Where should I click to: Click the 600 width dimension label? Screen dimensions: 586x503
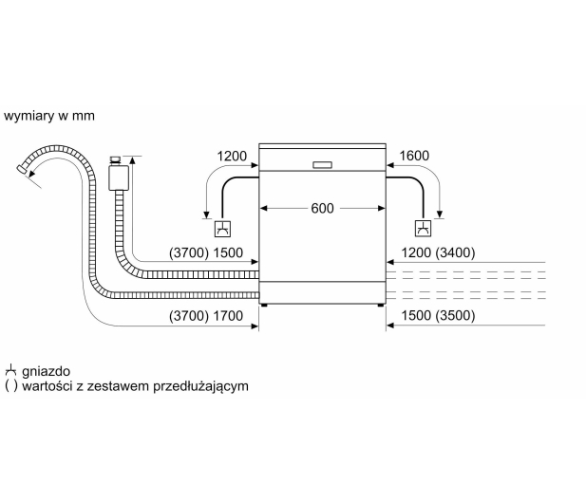[x=322, y=209]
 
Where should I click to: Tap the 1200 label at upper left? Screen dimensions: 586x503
[x=232, y=156]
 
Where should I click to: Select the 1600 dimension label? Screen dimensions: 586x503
[x=414, y=156]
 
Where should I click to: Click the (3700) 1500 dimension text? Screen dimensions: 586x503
[x=206, y=252]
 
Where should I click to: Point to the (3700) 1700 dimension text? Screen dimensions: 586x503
[x=206, y=316]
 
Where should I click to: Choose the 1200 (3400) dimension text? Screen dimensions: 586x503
[x=438, y=252]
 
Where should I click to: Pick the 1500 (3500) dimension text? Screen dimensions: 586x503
[x=438, y=315]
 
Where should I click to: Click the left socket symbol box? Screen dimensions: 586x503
[x=223, y=229]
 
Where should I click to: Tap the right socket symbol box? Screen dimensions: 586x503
[x=423, y=229]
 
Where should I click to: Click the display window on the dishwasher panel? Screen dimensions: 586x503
[x=322, y=165]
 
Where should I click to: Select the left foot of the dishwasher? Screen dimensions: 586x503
[x=265, y=305]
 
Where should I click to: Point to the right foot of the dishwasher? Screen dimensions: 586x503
[x=381, y=305]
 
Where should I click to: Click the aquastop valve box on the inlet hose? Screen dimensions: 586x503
[x=119, y=178]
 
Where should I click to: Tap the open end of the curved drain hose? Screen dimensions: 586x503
[x=22, y=169]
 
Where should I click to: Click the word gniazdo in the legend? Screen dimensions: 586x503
[x=46, y=371]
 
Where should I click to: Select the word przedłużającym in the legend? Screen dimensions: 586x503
[x=201, y=386]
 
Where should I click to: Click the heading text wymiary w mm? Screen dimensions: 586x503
[x=49, y=116]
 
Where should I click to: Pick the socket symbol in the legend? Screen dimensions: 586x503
[x=10, y=370]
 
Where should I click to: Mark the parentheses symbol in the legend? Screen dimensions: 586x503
[x=11, y=385]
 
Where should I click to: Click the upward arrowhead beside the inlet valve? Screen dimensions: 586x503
[x=132, y=160]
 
